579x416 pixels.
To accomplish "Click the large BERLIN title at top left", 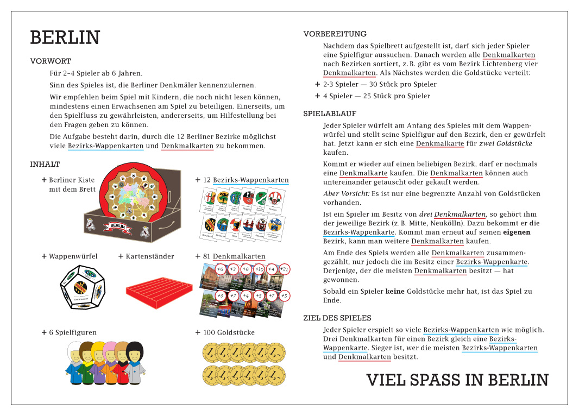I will coord(65,38).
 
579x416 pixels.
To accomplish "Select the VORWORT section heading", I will coord(51,61).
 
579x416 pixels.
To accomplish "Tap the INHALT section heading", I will coord(45,164).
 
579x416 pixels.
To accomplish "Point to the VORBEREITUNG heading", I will coord(335,34).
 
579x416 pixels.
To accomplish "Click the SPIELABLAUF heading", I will coord(330,114).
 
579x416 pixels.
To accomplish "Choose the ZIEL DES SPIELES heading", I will coord(337,318).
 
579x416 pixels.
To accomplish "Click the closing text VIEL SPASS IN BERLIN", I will coord(457,380).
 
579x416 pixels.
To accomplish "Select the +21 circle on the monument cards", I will coord(284,269).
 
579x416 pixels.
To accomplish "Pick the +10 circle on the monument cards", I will coord(259,269).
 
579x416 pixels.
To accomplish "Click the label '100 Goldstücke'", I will coord(229,332).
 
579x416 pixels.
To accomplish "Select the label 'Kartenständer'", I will coord(150,256).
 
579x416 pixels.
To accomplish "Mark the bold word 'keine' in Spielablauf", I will coord(395,292).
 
